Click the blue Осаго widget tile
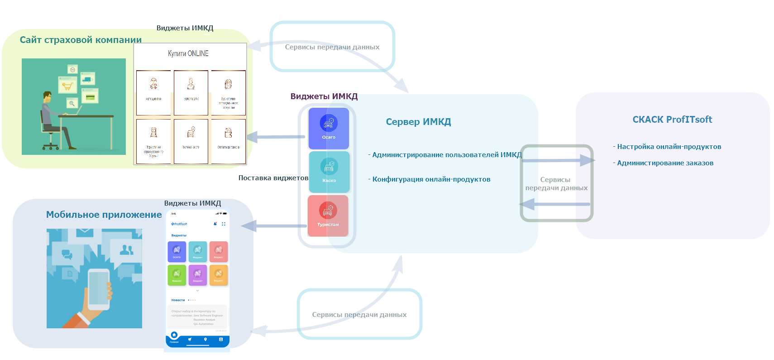(329, 128)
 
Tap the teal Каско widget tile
(329, 172)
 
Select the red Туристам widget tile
(328, 216)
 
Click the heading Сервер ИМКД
(418, 122)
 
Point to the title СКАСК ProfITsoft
(672, 120)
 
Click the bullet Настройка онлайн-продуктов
(669, 147)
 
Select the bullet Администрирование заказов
(665, 163)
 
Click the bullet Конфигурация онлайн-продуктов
(431, 179)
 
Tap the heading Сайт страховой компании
(81, 40)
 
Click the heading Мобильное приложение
(104, 215)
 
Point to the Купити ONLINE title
(188, 53)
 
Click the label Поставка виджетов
(273, 178)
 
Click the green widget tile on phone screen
(177, 275)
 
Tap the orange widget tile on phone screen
(219, 275)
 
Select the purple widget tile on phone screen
(198, 275)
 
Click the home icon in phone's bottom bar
(174, 336)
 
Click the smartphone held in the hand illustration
(99, 289)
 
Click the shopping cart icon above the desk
(67, 85)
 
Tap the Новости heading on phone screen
(178, 300)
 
